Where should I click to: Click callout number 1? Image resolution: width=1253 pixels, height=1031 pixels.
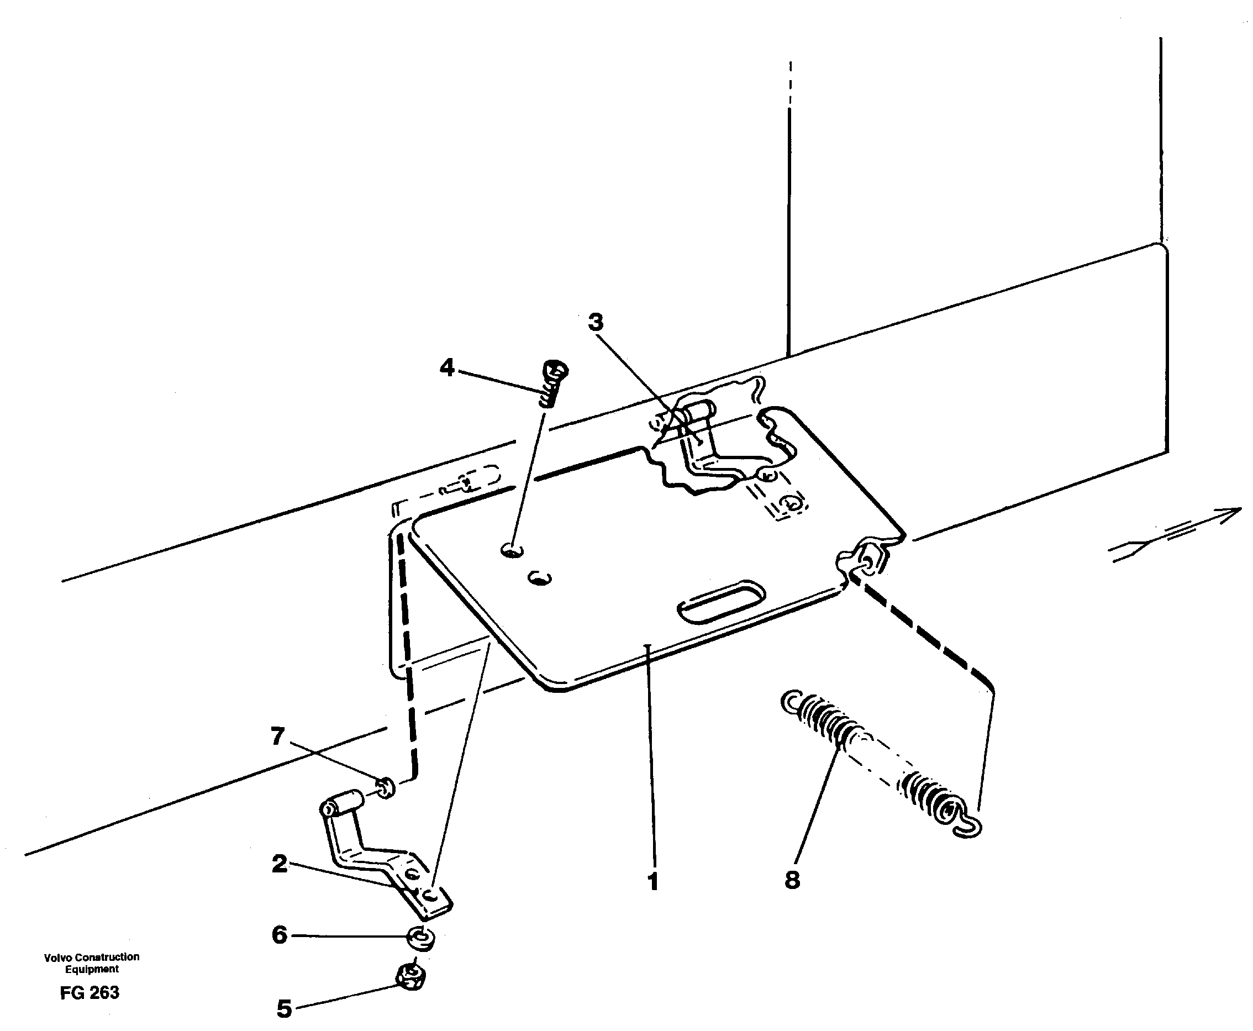(x=653, y=881)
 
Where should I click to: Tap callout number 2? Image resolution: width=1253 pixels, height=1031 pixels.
(x=280, y=864)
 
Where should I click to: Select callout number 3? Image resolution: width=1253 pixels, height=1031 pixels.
(x=596, y=323)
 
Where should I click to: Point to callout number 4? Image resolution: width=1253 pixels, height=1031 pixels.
(x=447, y=367)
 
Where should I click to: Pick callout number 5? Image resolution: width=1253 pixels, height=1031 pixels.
(x=285, y=1008)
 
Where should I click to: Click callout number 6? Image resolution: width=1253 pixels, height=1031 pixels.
(x=280, y=935)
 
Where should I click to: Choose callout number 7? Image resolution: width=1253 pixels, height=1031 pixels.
(x=277, y=737)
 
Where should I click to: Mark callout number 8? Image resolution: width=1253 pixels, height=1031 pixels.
(x=792, y=880)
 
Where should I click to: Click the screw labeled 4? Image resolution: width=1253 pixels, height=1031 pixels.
(x=553, y=383)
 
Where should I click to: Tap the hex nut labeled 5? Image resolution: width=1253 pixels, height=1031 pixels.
(x=410, y=977)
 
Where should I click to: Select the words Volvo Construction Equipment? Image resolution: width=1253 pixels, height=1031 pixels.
(x=92, y=962)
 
